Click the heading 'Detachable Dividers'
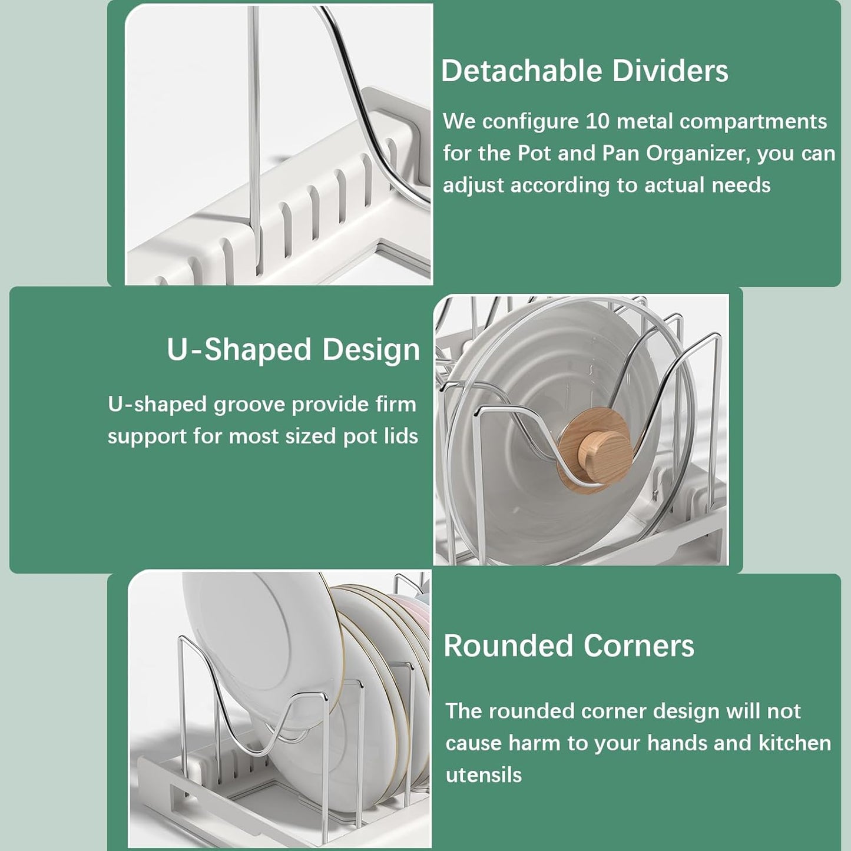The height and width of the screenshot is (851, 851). click(x=584, y=71)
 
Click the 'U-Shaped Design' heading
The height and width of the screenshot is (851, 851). click(x=293, y=349)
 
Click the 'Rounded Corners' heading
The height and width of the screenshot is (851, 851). click(x=569, y=645)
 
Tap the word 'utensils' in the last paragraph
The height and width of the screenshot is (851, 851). click(x=484, y=775)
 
